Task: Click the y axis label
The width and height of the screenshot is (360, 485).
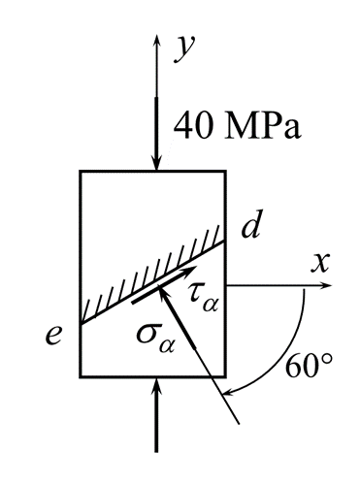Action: point(184,48)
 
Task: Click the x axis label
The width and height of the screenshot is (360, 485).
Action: point(320,263)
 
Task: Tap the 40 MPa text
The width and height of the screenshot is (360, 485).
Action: point(238,125)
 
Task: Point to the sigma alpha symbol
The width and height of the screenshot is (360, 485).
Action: point(155,340)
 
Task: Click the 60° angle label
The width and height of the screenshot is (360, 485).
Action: point(309,367)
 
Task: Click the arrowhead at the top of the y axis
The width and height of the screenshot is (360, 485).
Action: point(157,40)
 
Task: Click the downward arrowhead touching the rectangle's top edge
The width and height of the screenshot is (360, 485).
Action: point(157,163)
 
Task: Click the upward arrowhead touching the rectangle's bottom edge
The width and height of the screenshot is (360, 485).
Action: point(157,385)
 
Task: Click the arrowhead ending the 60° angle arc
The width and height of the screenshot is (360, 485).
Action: point(229,391)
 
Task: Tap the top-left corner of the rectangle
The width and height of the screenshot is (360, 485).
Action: point(81,171)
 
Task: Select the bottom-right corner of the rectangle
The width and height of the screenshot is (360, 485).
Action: point(225,376)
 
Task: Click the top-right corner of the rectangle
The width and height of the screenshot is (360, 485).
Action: point(225,171)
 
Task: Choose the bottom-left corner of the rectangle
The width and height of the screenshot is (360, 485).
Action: point(81,376)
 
